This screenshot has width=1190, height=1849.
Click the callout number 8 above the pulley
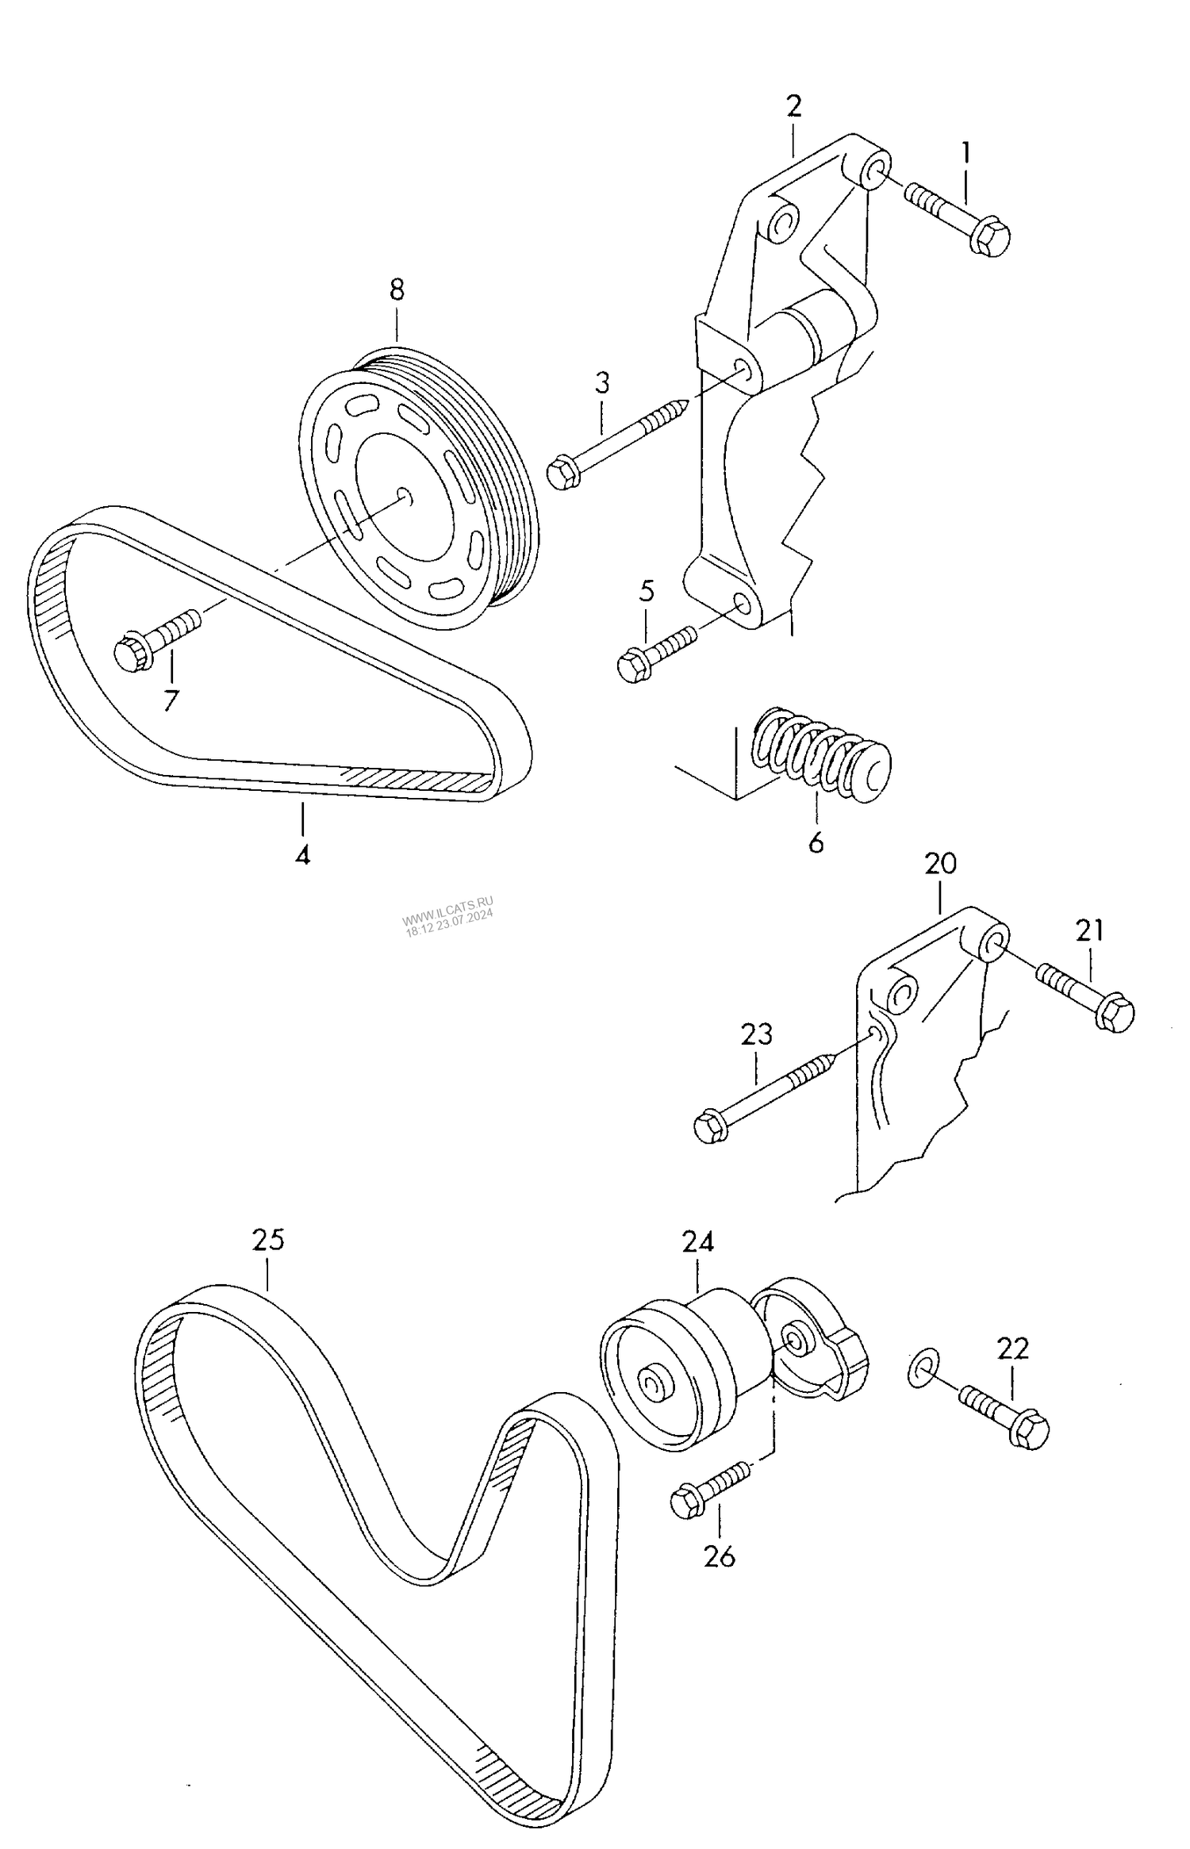397,290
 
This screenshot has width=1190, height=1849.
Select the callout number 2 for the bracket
794,106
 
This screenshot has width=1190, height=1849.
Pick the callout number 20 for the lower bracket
941,863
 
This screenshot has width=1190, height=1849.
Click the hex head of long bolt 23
709,1127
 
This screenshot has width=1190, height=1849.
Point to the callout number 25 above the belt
268,1239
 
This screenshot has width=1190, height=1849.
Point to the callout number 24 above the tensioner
697,1242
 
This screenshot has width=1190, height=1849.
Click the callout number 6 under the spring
816,842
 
